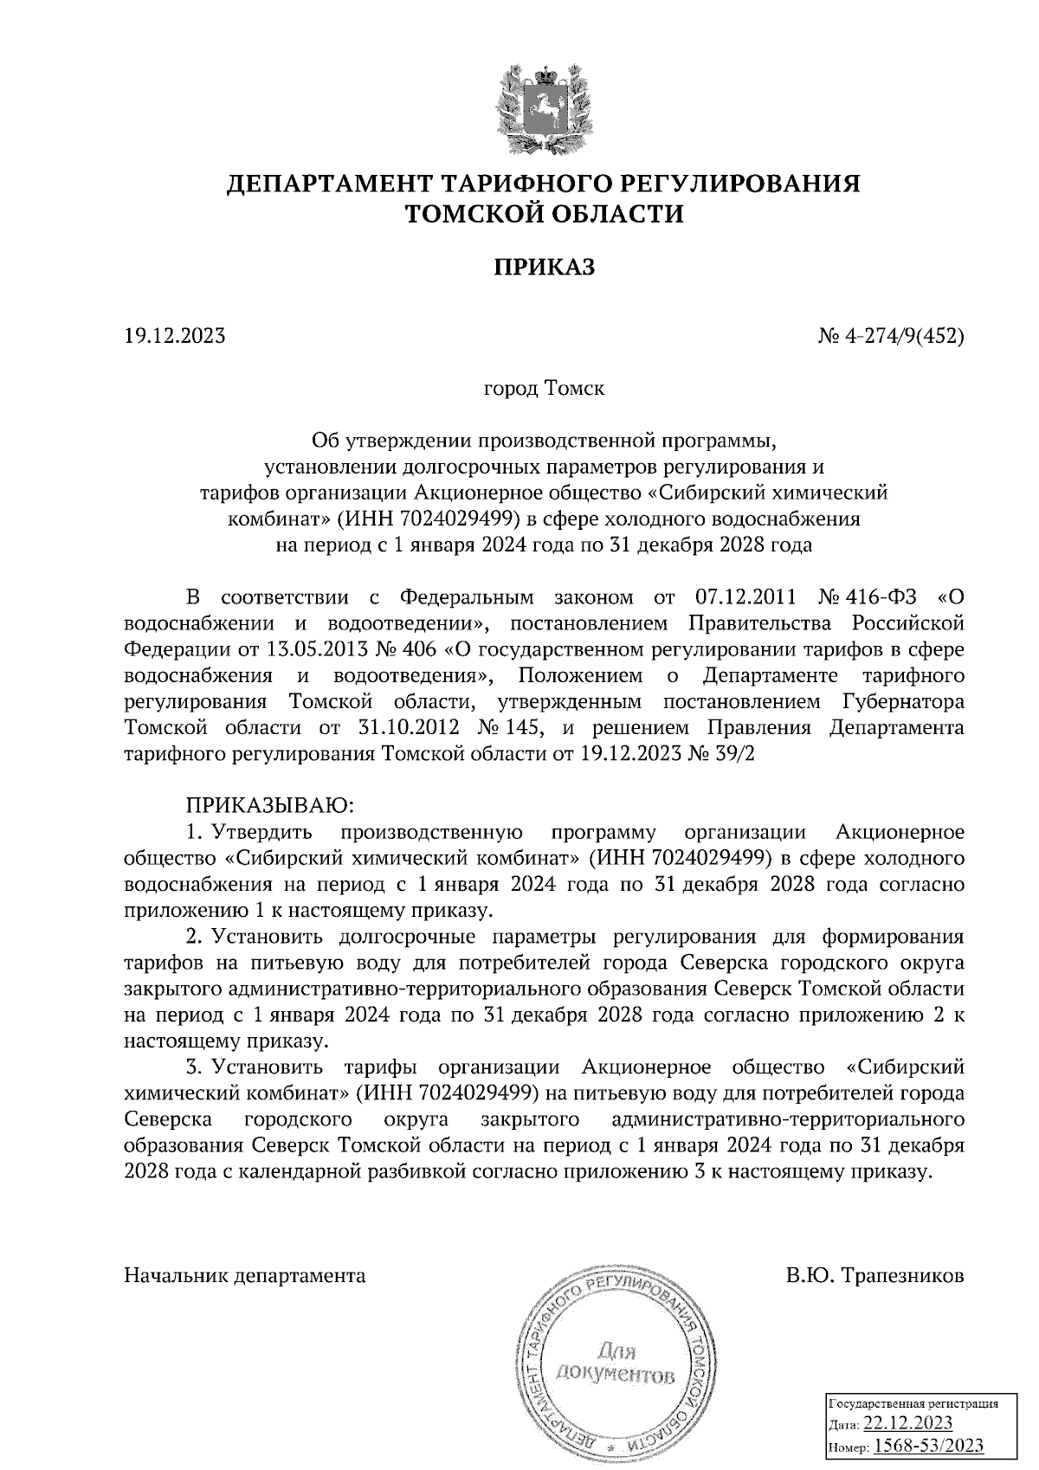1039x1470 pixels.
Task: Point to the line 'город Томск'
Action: click(x=544, y=388)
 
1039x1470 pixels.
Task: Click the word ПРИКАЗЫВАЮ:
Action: click(x=269, y=805)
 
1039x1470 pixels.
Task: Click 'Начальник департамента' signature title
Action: click(x=245, y=1276)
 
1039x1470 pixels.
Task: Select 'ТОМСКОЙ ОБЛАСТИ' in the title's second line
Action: click(x=545, y=214)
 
